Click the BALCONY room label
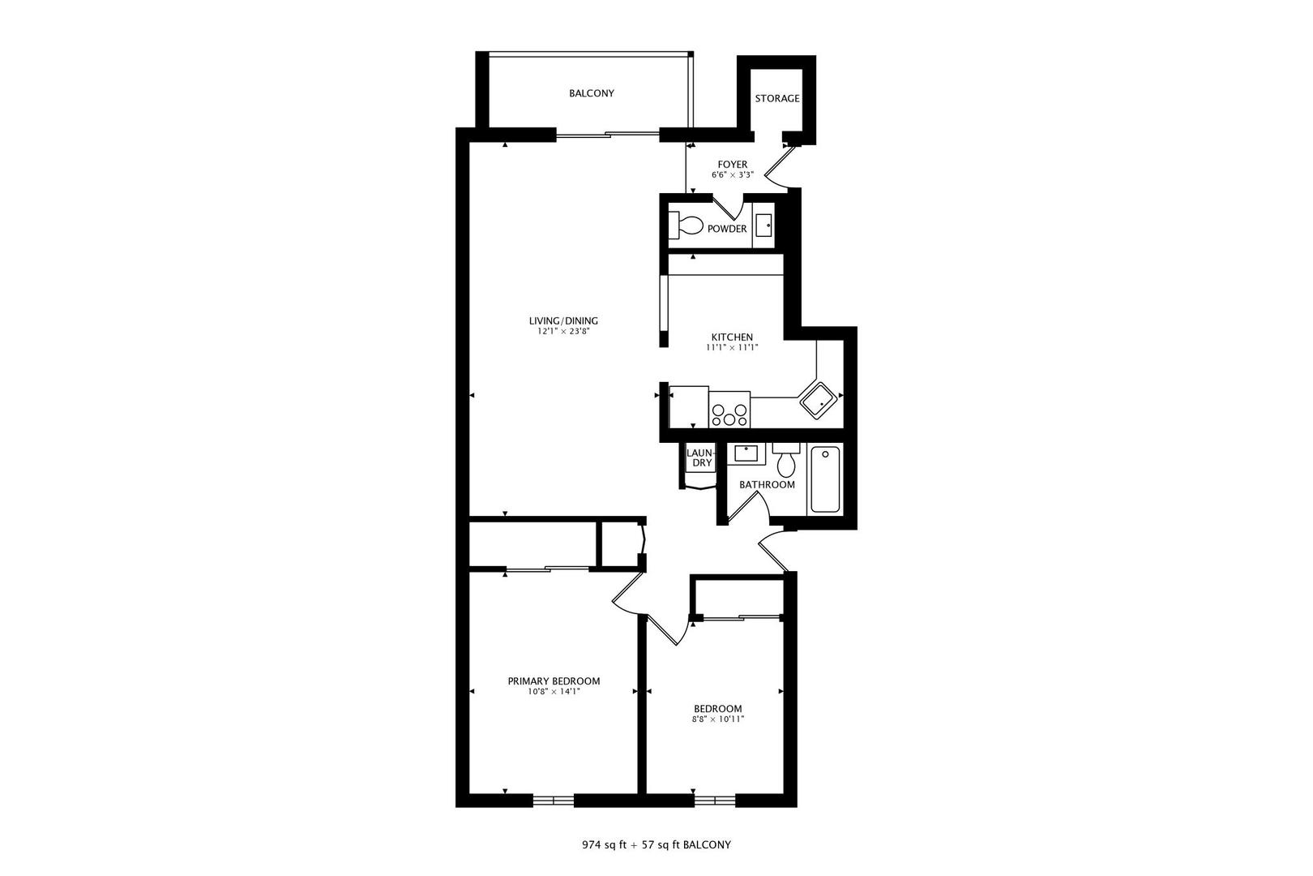tap(591, 93)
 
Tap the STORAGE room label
tap(777, 99)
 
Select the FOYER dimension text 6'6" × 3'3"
tap(732, 174)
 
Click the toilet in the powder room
tap(686, 224)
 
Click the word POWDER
tap(727, 229)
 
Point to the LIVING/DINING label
tap(563, 321)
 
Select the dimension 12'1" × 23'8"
tap(563, 332)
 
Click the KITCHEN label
tap(732, 337)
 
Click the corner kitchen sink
tap(818, 400)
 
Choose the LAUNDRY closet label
tap(699, 457)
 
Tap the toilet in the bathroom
tap(785, 461)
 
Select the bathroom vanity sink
tap(746, 453)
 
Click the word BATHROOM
tap(767, 485)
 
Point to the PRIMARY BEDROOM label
tap(554, 681)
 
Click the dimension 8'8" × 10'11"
tap(717, 719)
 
